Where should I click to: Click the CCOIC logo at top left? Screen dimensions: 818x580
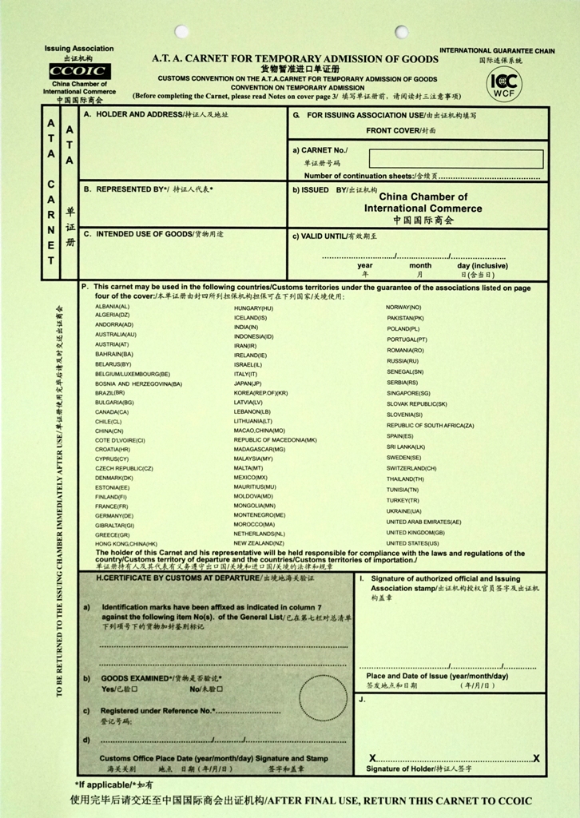tap(79, 72)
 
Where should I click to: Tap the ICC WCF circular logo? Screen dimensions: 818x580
tap(504, 83)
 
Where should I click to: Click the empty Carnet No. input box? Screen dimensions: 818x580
tap(456, 159)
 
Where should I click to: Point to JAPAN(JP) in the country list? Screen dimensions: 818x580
tap(249, 383)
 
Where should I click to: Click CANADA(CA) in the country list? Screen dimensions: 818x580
tap(111, 411)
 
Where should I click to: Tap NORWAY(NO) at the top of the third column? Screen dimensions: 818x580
tap(403, 307)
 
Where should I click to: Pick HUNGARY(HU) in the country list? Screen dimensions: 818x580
tap(253, 308)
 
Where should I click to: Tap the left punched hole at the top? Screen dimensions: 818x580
tap(181, 32)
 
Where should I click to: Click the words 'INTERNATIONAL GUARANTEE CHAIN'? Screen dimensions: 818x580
tap(496, 51)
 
